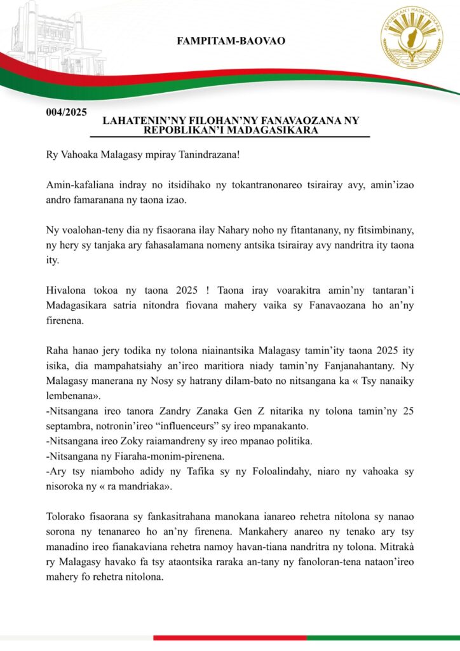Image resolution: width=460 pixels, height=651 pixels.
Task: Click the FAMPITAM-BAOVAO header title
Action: coord(231,41)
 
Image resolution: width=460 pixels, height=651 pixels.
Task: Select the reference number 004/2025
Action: coord(66,113)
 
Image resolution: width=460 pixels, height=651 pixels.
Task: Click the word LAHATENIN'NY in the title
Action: coord(138,120)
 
